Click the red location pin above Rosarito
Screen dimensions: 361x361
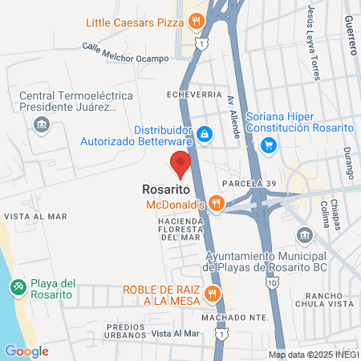[180, 163]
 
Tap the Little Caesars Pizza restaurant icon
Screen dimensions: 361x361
[195, 22]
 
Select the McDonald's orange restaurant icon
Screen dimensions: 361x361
[215, 205]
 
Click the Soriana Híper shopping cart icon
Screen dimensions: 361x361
[269, 145]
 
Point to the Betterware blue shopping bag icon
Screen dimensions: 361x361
[205, 134]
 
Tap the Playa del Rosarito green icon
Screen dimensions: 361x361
[17, 286]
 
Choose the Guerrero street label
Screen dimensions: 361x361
[349, 34]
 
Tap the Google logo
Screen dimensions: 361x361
[26, 351]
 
